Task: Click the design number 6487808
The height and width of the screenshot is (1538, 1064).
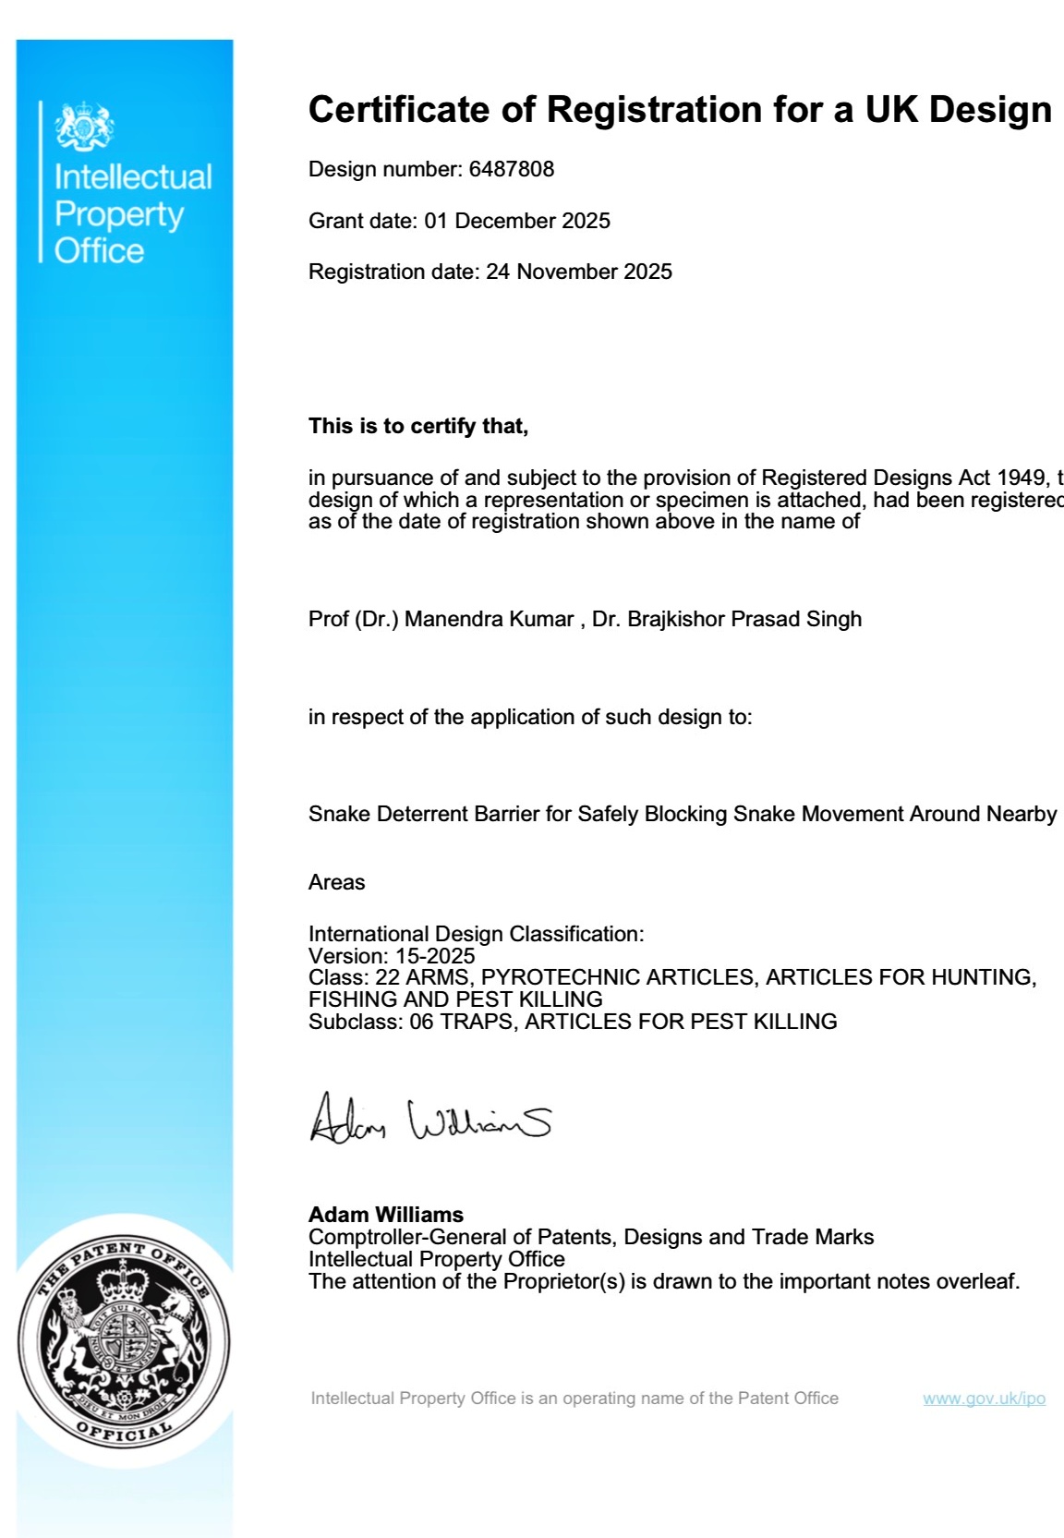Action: point(512,169)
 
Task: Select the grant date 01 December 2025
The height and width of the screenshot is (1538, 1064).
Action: point(517,221)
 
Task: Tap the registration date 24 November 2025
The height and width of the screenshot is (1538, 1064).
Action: point(579,272)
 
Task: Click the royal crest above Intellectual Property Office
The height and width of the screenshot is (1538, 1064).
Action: point(84,127)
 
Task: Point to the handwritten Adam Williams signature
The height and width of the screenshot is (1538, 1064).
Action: point(429,1119)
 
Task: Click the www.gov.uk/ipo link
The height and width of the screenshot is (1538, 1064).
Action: point(984,1399)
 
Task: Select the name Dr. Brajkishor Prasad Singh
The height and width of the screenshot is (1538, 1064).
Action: point(727,619)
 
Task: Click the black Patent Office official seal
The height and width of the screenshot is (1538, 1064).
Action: point(124,1341)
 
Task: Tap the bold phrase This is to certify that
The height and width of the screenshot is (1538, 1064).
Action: point(418,426)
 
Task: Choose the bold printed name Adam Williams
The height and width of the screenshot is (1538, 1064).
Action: point(386,1215)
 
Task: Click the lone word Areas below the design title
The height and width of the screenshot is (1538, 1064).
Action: point(336,882)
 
